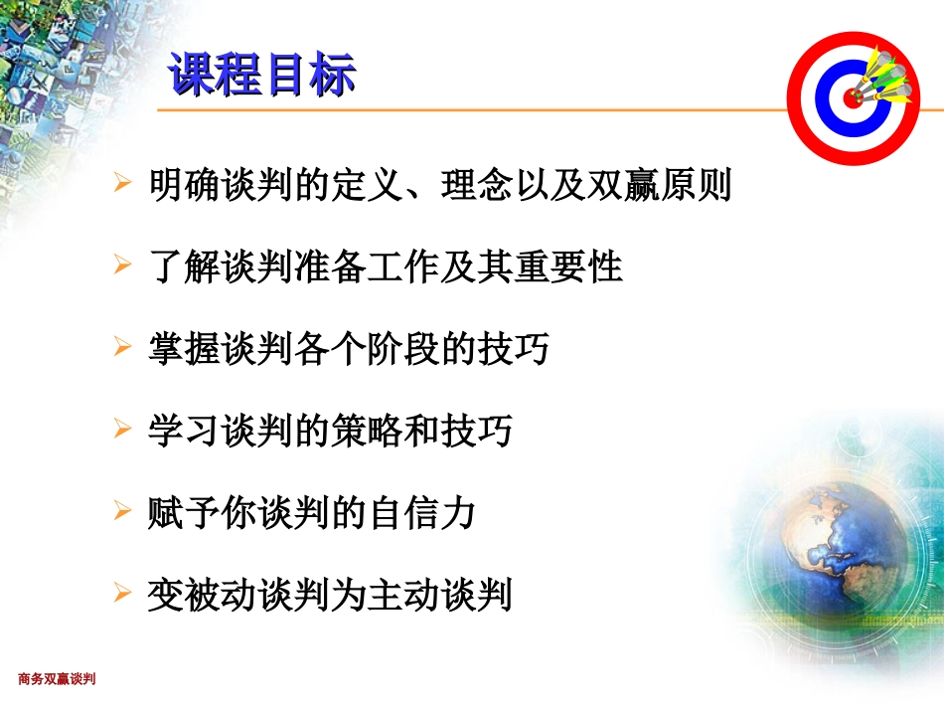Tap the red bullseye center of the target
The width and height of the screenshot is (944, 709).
coord(853,97)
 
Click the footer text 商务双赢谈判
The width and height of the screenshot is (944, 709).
coord(57,679)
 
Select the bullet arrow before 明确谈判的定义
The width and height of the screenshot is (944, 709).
coord(122,184)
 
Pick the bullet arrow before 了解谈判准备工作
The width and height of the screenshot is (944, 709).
coord(122,266)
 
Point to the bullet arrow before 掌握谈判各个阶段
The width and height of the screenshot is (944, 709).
coord(122,348)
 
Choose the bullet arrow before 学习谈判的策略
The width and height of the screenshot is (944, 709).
coord(122,431)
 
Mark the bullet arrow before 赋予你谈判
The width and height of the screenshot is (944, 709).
coord(122,513)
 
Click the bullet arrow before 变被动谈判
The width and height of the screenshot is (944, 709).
coord(122,595)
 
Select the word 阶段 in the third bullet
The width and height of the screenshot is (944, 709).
coord(421,349)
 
